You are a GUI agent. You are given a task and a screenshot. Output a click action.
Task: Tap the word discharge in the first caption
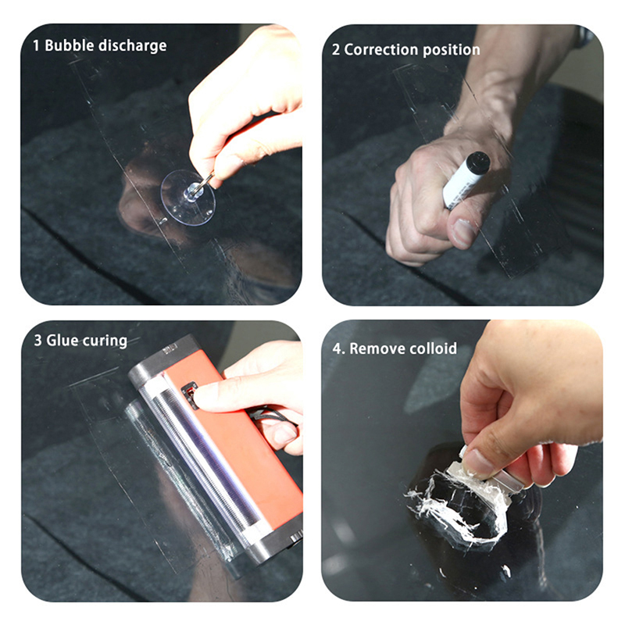pos(132,45)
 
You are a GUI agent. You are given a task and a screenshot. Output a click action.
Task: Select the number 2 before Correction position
pos(336,50)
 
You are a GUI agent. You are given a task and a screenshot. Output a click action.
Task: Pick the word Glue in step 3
pos(62,341)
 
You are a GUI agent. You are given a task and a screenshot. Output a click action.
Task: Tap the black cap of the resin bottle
pos(478,162)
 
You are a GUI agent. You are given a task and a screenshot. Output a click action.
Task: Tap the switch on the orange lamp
pos(191,394)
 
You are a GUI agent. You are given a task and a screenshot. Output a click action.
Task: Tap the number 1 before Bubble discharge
pos(36,45)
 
